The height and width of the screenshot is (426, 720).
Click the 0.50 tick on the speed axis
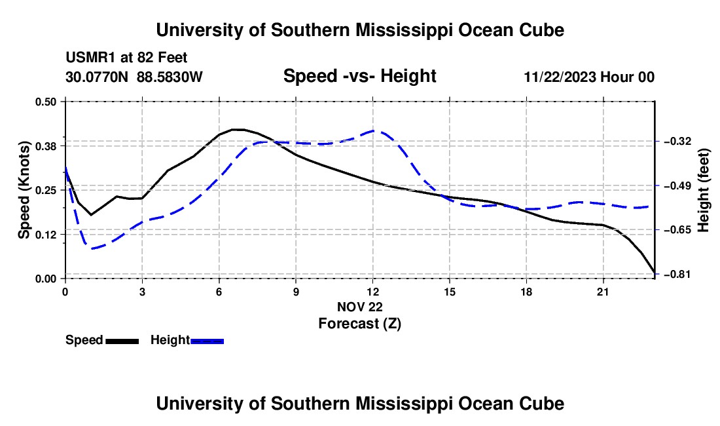[45, 102]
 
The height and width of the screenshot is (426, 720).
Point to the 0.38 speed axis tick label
[45, 146]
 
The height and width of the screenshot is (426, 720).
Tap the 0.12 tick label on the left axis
[45, 235]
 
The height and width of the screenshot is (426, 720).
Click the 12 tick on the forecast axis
[373, 292]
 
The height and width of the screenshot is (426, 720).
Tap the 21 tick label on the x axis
[603, 292]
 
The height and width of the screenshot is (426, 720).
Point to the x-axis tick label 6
[219, 292]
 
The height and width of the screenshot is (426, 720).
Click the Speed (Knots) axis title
[24, 190]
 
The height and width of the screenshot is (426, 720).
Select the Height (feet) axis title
[704, 190]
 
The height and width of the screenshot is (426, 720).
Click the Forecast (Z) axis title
[360, 324]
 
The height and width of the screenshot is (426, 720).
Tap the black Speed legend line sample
[122, 341]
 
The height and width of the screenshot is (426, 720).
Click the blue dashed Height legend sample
[207, 341]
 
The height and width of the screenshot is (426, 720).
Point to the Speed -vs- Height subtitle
[360, 76]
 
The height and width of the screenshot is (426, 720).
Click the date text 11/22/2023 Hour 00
[589, 77]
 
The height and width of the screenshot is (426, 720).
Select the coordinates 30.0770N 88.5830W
[134, 77]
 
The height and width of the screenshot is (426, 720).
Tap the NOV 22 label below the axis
[360, 307]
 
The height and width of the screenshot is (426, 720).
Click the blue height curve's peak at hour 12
[374, 131]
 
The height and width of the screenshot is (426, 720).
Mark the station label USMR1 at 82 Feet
[126, 58]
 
